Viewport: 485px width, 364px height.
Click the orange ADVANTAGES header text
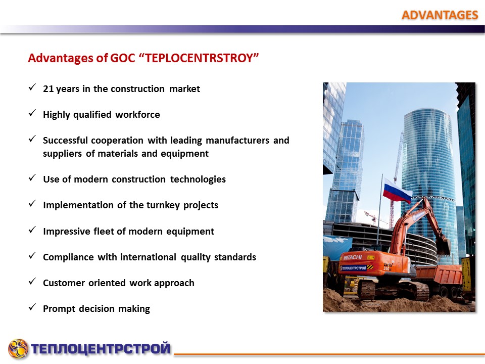440,15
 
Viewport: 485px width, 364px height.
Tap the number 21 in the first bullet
48,89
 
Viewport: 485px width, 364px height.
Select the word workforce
137,115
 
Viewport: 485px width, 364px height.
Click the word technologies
198,179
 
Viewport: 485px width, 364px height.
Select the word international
148,257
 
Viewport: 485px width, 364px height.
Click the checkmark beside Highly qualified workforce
32,113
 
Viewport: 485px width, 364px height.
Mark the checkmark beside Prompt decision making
32,307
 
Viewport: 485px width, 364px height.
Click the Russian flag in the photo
397,191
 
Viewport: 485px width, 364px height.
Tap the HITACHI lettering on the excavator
353,257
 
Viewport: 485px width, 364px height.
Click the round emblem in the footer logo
18,349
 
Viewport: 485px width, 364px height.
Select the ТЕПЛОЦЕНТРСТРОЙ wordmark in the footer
101,348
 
